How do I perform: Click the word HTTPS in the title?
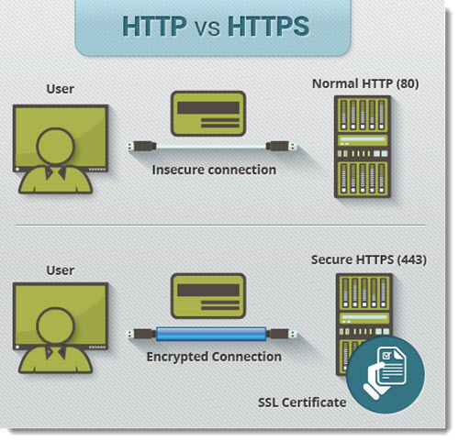click(268, 27)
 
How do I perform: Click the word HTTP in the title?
click(154, 27)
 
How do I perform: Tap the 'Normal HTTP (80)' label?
click(365, 83)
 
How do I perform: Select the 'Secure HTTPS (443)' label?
click(369, 260)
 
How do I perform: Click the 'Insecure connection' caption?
click(214, 170)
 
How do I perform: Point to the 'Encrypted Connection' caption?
click(214, 357)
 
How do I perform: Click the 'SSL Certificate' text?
click(302, 403)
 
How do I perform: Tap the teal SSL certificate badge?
click(386, 375)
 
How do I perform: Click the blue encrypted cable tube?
click(211, 334)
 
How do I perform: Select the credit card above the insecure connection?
click(208, 114)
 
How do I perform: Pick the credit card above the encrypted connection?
click(208, 296)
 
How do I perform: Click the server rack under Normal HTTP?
click(363, 147)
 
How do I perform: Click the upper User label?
click(61, 89)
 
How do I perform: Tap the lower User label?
click(61, 271)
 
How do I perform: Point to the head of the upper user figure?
click(55, 147)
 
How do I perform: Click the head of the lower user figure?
click(55, 326)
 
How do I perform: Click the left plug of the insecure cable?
click(141, 146)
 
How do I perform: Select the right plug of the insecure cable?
click(281, 146)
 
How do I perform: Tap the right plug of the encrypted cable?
click(281, 334)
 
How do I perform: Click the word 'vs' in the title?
click(207, 28)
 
